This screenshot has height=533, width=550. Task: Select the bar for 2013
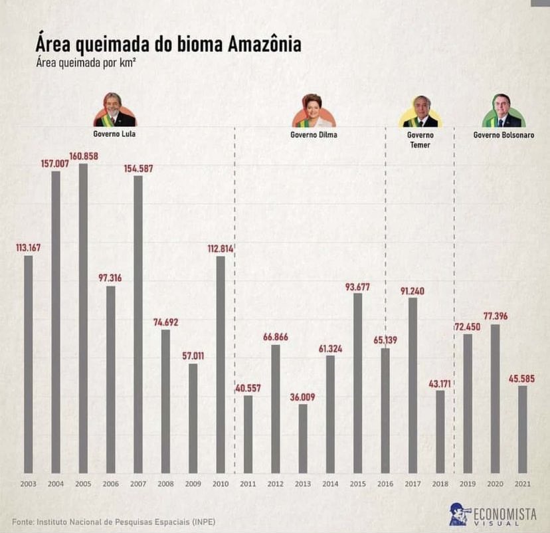(x=303, y=438)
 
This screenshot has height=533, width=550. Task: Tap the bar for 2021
(x=523, y=429)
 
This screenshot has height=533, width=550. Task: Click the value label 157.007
(x=55, y=163)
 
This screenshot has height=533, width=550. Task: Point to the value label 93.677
(x=357, y=286)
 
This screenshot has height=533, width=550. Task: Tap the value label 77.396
(x=495, y=316)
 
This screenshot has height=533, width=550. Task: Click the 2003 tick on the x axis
(x=28, y=483)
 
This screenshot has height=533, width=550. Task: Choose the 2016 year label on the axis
(x=385, y=483)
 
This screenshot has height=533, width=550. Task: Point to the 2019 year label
(x=468, y=483)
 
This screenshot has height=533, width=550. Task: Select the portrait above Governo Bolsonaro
(x=504, y=110)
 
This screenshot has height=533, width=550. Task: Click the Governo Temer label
(x=419, y=140)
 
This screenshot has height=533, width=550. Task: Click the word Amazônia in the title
(x=264, y=45)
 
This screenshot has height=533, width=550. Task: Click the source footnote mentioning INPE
(x=114, y=520)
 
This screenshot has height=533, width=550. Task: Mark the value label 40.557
(x=248, y=389)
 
